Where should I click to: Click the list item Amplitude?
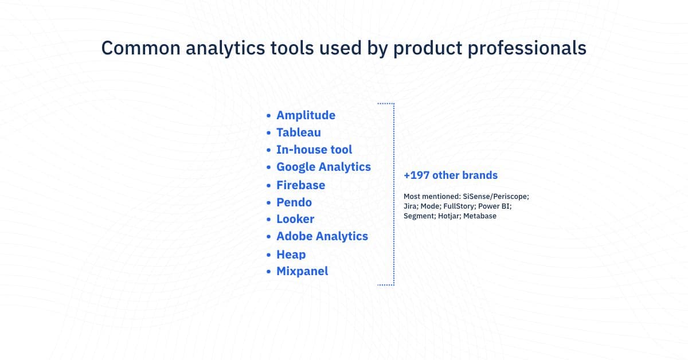pos(306,115)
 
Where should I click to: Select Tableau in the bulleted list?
pos(298,132)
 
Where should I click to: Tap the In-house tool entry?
pos(314,150)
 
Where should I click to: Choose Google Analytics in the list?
pos(323,167)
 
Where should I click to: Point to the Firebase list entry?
pos(300,185)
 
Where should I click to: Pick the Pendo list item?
pos(294,202)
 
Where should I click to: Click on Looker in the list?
pos(295,219)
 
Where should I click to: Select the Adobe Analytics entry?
pos(322,236)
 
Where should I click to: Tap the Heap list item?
pos(291,255)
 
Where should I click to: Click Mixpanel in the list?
pos(302,271)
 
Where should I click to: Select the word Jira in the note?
pos(410,206)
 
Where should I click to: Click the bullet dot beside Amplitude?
pos(269,116)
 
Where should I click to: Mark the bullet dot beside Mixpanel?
pos(269,272)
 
